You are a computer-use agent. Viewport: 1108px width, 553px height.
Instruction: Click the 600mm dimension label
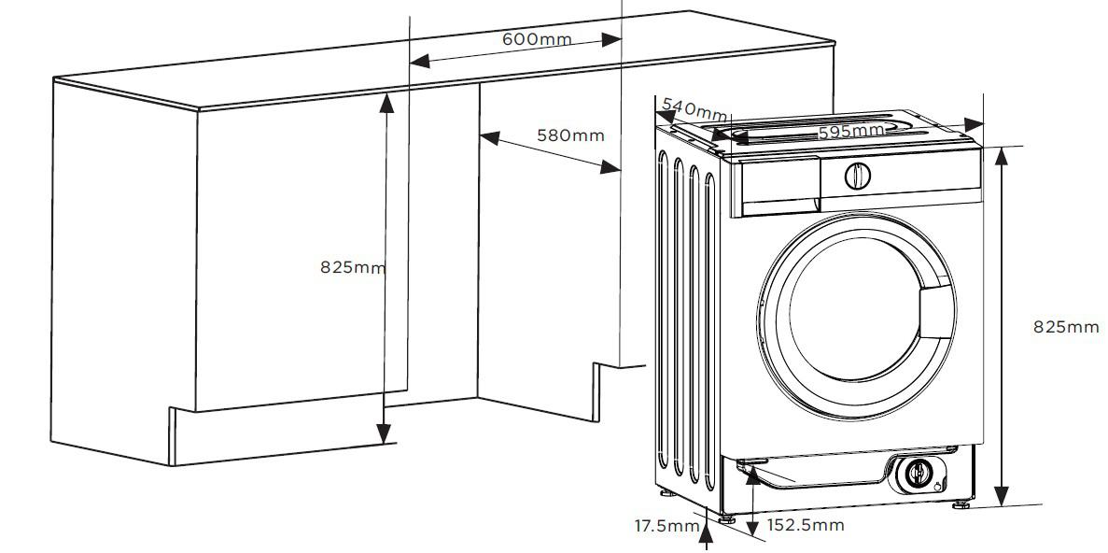[537, 38]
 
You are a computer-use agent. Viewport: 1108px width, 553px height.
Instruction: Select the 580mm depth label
[570, 135]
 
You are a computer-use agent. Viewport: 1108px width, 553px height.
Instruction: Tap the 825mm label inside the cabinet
[354, 267]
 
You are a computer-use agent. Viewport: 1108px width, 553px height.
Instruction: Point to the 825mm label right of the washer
[1066, 327]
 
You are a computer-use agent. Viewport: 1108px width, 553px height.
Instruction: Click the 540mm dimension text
[694, 110]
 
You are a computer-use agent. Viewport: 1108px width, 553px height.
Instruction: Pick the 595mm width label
[851, 131]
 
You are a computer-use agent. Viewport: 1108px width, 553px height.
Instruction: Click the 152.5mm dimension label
[806, 525]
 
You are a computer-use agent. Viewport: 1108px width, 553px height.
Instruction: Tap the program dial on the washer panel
[857, 176]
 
